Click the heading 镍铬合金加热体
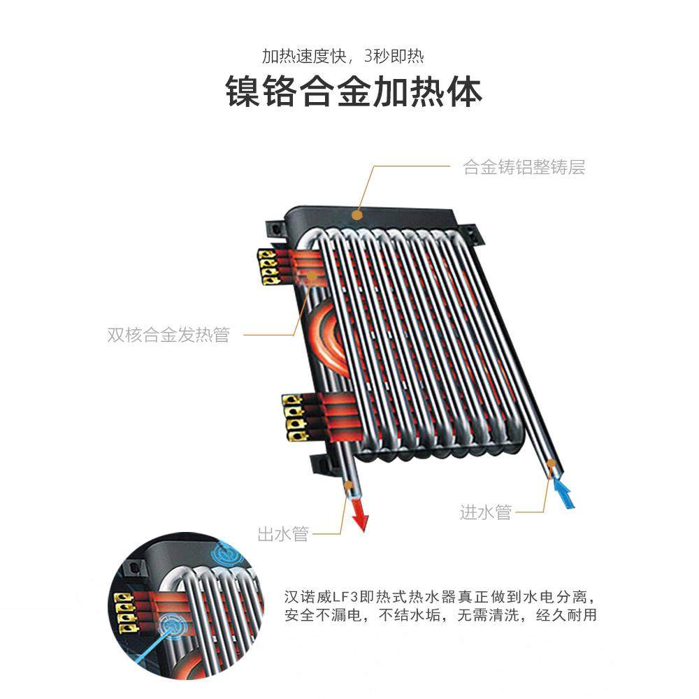click(x=354, y=92)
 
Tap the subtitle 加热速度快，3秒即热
click(x=343, y=55)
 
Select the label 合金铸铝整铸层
click(x=524, y=167)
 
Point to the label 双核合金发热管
click(x=168, y=335)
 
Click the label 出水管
click(x=283, y=535)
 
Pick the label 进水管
click(x=486, y=512)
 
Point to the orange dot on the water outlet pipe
click(x=349, y=484)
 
